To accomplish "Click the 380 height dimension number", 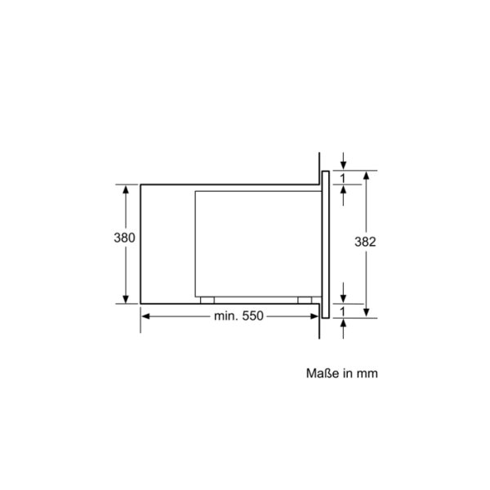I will (124, 238).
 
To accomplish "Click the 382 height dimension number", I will (365, 242).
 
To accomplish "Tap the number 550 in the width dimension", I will (252, 316).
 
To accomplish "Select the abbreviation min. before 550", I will (226, 316).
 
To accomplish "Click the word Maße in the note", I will (322, 373).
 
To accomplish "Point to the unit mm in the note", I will (367, 373).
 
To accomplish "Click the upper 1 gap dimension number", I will (343, 177).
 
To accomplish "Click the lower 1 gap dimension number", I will (343, 310).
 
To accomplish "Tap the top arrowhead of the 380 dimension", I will (125, 189).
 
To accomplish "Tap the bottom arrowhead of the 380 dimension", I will (125, 299).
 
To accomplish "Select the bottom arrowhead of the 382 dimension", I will (366, 312).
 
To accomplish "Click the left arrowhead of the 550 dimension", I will (147, 316).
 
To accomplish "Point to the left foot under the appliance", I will (207, 300).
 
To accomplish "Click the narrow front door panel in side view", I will (325, 243).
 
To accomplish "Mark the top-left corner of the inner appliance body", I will (194, 191).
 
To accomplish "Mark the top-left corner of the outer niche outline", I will (140, 185).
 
